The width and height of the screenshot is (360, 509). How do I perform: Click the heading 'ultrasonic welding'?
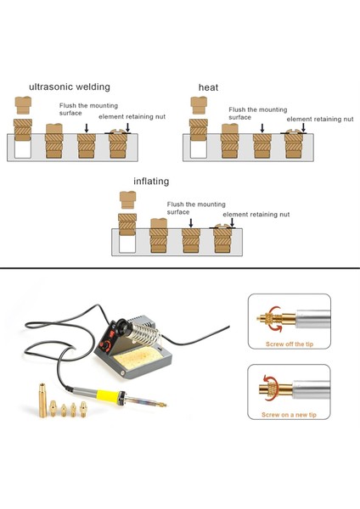point(69,87)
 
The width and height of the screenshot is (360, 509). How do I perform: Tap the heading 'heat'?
point(208,87)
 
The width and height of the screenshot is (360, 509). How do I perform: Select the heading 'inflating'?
point(151,182)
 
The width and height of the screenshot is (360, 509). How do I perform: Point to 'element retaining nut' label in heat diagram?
point(319,120)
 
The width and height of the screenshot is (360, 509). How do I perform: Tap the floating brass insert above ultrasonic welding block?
point(24,106)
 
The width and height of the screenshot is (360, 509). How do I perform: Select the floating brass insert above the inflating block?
point(128,200)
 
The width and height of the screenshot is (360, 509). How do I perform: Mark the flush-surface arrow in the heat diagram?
point(262,128)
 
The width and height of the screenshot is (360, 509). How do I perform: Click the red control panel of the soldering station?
point(111,339)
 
